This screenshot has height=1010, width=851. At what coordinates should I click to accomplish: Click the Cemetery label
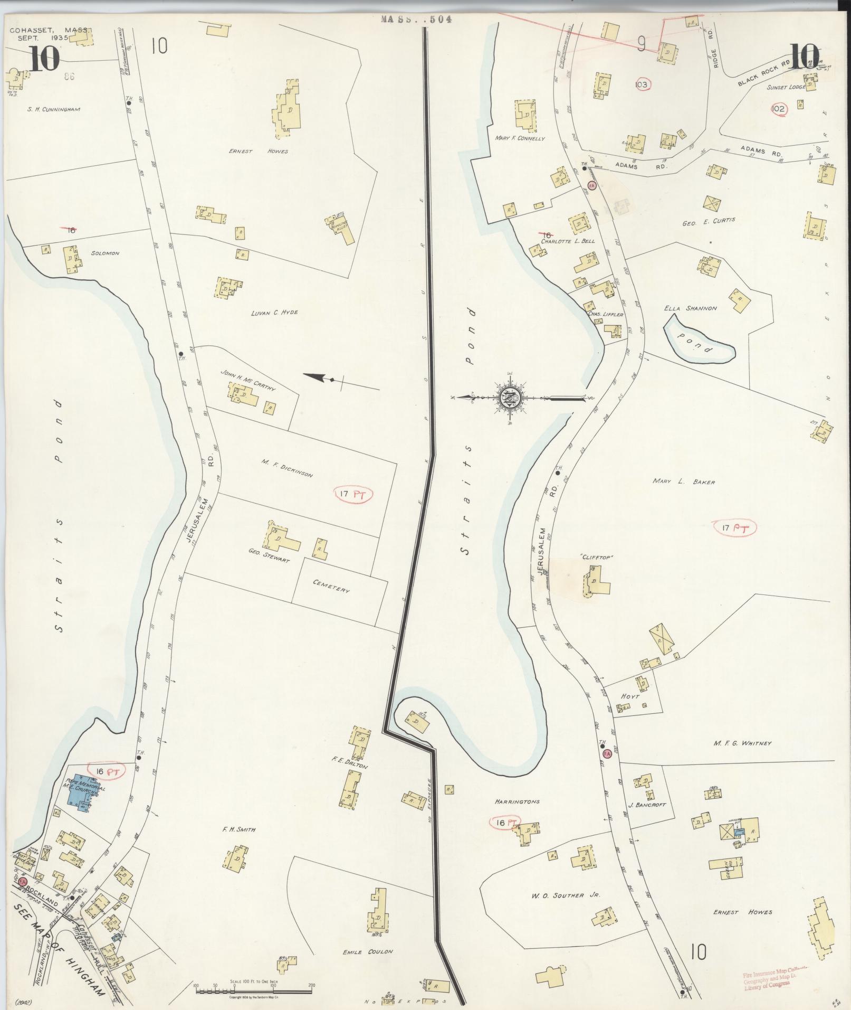331,586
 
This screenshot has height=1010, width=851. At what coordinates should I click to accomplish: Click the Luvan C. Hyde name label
275,312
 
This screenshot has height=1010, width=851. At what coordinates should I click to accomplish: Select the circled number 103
642,84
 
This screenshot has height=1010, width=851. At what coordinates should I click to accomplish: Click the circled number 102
778,109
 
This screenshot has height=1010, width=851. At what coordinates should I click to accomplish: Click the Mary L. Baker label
683,482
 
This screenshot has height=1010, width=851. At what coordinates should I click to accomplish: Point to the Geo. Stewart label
269,556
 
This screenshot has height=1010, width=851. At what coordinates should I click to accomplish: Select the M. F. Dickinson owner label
286,468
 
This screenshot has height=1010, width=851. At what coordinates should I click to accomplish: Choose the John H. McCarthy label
247,379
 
